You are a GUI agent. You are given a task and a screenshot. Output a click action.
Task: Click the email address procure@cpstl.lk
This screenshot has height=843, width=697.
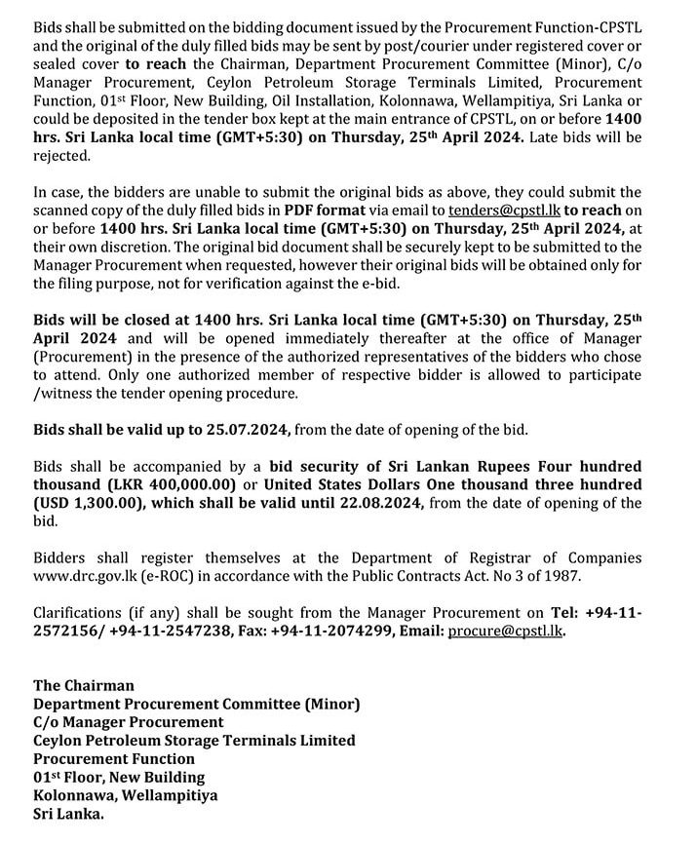click(x=506, y=631)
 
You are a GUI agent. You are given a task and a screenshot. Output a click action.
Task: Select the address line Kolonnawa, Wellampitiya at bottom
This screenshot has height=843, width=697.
click(x=125, y=795)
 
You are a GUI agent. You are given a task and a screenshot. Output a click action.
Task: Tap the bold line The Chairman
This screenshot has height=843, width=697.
click(x=84, y=685)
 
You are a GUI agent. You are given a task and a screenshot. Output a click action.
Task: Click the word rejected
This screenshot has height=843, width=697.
click(x=60, y=154)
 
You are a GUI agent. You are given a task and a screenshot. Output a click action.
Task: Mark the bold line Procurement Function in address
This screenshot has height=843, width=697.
click(x=114, y=758)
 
